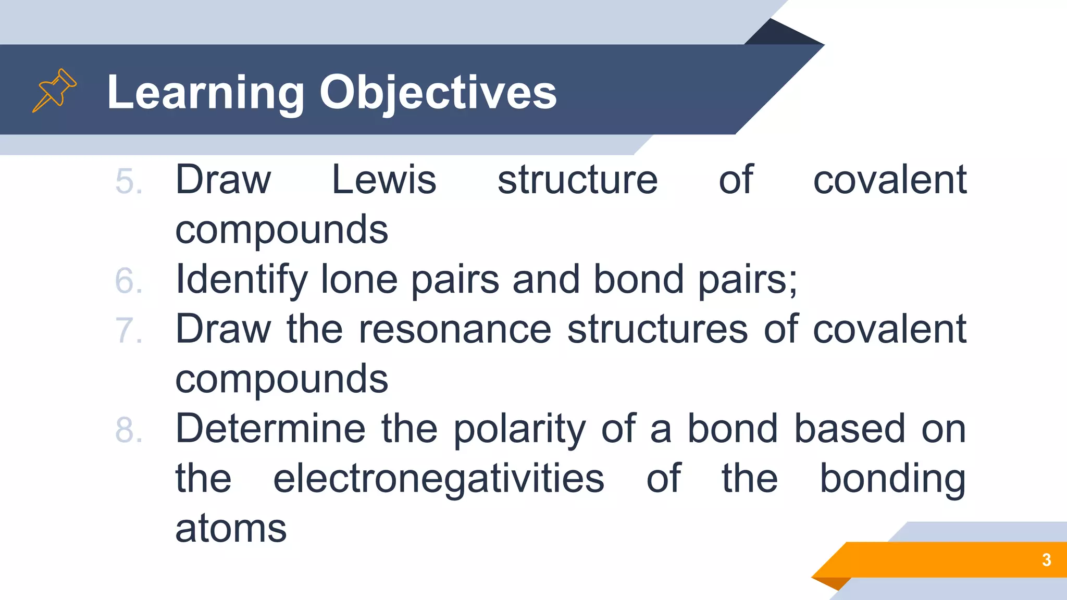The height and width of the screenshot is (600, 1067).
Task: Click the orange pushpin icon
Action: pyautogui.click(x=54, y=90)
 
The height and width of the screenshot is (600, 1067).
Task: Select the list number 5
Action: pyautogui.click(x=128, y=182)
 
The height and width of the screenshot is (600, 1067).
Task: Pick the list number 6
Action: pyautogui.click(x=128, y=281)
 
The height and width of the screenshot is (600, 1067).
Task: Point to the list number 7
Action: pyautogui.click(x=128, y=331)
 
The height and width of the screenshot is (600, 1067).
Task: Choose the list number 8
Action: pyautogui.click(x=128, y=431)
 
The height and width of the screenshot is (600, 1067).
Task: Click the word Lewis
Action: pyautogui.click(x=384, y=180)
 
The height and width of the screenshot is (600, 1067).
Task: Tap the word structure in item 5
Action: pyautogui.click(x=577, y=180)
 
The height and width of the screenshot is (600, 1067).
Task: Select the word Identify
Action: pyautogui.click(x=242, y=280)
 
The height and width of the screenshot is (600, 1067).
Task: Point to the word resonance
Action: pyautogui.click(x=455, y=330)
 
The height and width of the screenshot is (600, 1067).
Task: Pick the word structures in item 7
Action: pyautogui.click(x=657, y=330)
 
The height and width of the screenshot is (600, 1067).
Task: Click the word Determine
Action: pyautogui.click(x=270, y=429)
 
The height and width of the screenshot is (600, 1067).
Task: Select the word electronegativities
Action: pyautogui.click(x=439, y=479)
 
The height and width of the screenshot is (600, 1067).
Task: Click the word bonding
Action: pyautogui.click(x=892, y=479)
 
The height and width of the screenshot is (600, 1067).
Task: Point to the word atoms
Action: pyautogui.click(x=231, y=529)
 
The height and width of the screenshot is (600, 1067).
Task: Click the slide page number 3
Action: pyautogui.click(x=1046, y=560)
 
